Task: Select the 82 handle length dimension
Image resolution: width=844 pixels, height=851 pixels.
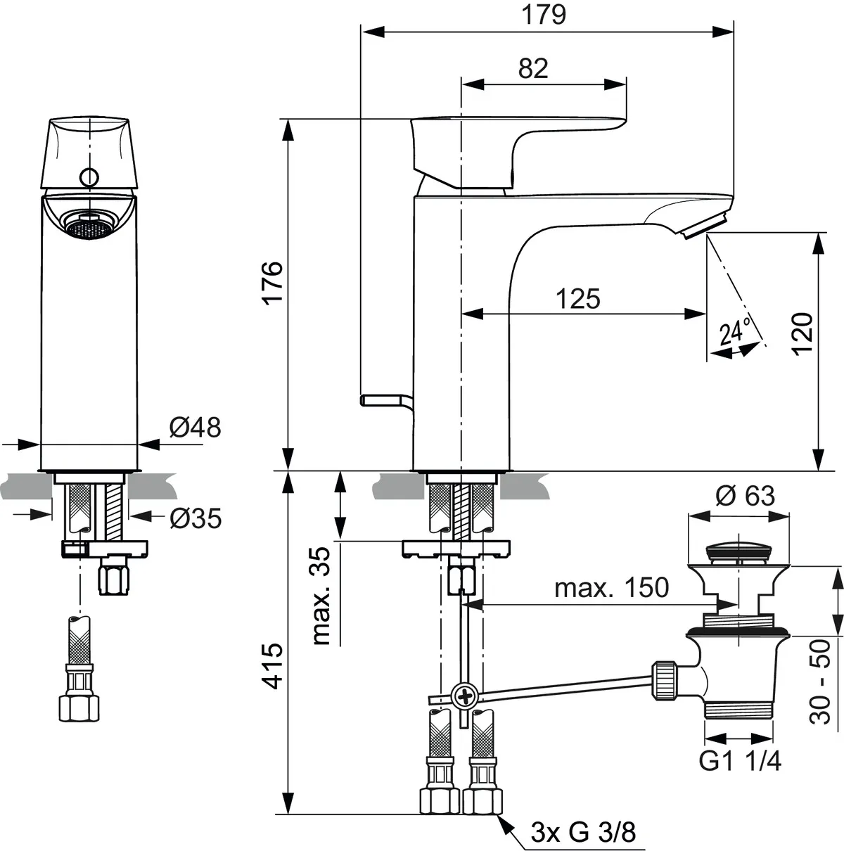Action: (532, 68)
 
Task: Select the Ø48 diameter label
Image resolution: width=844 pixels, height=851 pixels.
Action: (195, 427)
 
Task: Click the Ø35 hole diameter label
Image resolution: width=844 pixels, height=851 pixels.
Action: (195, 518)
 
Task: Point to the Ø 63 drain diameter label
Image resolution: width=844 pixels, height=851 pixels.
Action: (744, 496)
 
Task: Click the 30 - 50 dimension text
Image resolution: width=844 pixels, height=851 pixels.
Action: (819, 682)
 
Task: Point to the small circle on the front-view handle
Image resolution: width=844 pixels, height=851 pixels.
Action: (89, 177)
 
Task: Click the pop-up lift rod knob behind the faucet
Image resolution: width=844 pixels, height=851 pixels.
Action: (381, 399)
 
